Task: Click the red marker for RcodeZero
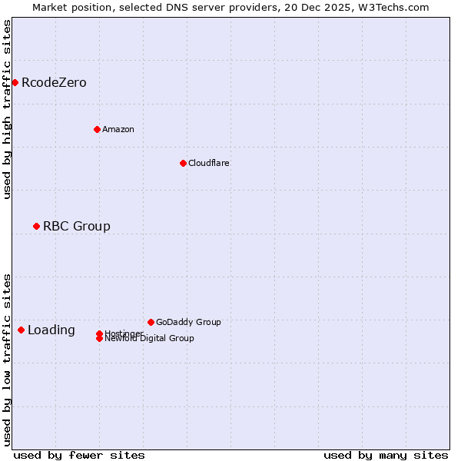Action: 15,82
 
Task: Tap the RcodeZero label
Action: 54,83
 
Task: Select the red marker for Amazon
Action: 97,129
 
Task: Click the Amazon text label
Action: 118,130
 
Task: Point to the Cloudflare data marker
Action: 183,163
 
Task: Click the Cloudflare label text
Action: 208,164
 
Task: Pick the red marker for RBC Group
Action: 36,226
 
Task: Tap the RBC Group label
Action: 77,227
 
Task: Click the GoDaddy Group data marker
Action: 151,322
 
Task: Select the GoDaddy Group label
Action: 188,323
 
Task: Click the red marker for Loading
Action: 21,330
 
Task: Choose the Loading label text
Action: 51,330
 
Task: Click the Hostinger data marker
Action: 99,333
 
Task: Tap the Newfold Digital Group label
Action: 150,339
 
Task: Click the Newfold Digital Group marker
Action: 99,339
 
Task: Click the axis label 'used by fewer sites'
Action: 79,455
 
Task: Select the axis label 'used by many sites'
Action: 386,455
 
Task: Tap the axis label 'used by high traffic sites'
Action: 8,109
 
